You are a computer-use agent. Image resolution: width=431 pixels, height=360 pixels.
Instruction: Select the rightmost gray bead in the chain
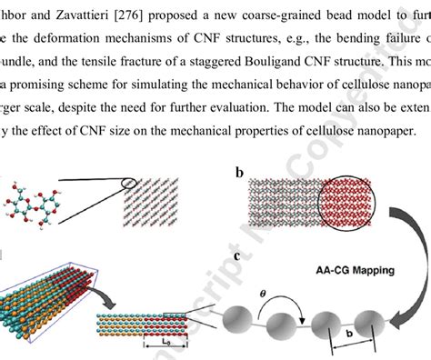[375, 323]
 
